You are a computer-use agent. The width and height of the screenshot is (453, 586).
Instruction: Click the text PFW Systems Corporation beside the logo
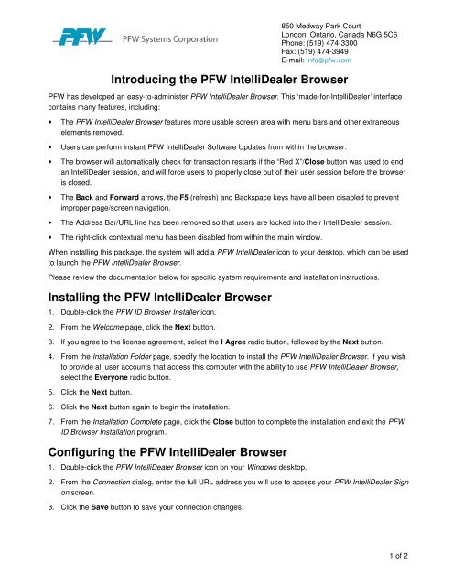pos(170,41)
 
